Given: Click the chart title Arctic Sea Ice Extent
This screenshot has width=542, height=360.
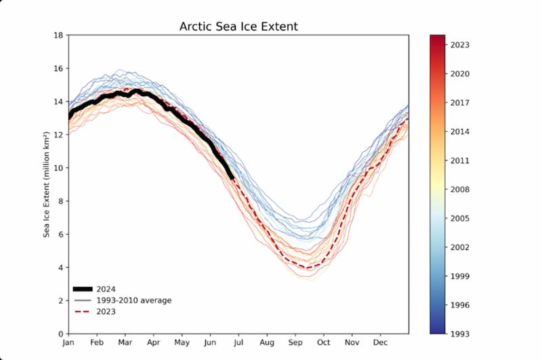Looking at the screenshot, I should [x=238, y=27].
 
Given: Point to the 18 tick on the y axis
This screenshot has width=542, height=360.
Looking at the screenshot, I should [x=59, y=35].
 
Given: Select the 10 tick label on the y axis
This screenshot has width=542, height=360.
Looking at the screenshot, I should [x=59, y=168].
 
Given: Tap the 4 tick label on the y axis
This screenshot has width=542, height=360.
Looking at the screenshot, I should [x=61, y=267].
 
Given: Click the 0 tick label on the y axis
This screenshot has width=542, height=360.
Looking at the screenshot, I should [x=61, y=334].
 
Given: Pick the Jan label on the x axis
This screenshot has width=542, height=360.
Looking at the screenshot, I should [x=68, y=344].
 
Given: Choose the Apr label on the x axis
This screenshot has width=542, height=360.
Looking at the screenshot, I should [x=153, y=344].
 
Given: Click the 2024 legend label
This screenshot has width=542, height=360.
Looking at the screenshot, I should [x=106, y=289].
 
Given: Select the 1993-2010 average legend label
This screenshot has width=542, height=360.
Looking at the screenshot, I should [x=134, y=300].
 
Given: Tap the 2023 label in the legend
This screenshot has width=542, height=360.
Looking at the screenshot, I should [x=106, y=312].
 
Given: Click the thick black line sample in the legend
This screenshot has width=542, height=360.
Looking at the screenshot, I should [x=83, y=289].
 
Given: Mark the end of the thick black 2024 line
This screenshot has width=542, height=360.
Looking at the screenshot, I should [x=232, y=178].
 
